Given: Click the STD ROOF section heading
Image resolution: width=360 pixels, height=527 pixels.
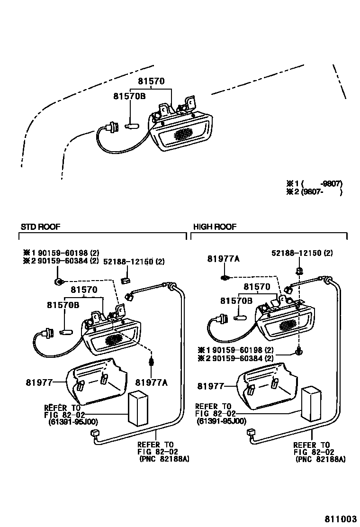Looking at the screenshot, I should tap(40, 227).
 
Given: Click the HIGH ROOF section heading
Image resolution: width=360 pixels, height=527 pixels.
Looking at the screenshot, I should tap(215, 227).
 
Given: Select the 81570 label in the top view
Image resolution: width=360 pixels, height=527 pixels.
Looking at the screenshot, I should tap(151, 81).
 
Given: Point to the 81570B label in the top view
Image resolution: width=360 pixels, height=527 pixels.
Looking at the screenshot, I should tap(129, 96).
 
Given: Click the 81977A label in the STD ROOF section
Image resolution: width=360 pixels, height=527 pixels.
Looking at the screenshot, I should tap(151, 382).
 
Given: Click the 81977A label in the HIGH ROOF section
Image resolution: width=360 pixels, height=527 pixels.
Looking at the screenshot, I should tap(223, 258).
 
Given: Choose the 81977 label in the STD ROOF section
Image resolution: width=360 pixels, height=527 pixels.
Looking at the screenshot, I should tap(38, 382).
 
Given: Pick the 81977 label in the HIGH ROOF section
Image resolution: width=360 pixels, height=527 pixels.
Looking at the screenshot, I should tap(210, 386).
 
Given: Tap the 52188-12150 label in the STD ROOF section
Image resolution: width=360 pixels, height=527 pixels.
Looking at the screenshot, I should tap(134, 262).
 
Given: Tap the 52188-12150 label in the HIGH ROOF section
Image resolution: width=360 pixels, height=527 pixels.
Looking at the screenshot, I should tap(302, 253).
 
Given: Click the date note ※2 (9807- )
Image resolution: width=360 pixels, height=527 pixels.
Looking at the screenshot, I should tap(314, 192).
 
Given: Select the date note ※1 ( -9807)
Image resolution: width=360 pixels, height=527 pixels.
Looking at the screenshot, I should tap(314, 183).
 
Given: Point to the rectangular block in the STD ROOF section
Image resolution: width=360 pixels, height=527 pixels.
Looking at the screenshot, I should tap(139, 409).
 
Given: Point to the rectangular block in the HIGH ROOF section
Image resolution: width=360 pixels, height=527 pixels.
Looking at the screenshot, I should tap(312, 403).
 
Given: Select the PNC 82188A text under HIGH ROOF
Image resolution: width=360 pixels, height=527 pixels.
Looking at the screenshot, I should tap(320, 459).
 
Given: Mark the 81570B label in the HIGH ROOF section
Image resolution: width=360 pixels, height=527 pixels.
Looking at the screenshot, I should tap(235, 300).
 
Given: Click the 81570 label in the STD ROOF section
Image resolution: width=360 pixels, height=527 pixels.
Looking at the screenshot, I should tap(84, 289).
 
